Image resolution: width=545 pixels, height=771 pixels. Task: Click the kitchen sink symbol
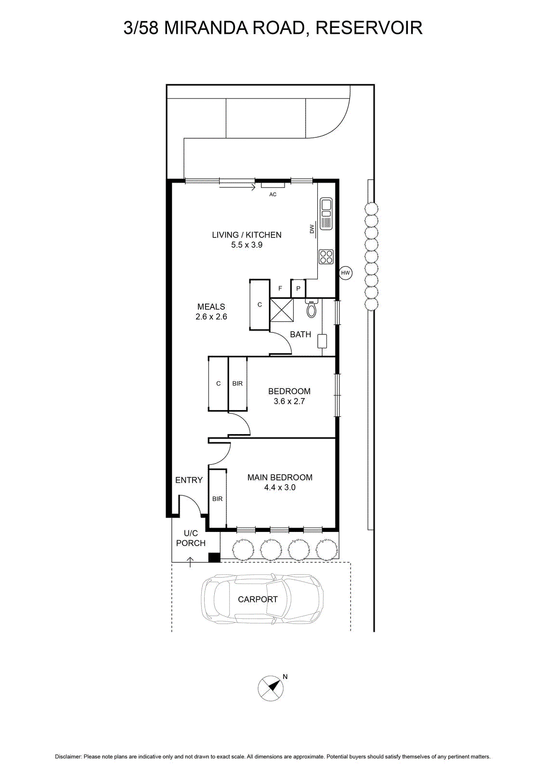[x=325, y=213]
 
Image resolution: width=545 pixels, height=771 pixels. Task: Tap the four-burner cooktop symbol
[x=325, y=256]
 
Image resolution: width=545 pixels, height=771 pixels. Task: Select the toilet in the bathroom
[x=311, y=308]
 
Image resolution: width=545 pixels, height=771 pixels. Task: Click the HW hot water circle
[x=345, y=273]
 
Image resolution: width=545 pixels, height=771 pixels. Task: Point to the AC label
[x=272, y=195]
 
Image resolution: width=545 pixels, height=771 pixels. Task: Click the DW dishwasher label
[x=312, y=229]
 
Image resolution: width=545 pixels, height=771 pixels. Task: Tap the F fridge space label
[x=280, y=289]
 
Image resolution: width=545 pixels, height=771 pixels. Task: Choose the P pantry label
[x=298, y=289]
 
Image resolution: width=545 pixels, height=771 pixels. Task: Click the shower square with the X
[x=282, y=310]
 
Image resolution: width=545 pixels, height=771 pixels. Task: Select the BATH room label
[x=300, y=334]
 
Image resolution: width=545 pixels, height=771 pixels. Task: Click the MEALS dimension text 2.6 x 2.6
[x=211, y=317]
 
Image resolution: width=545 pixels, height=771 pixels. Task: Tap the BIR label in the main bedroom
[x=217, y=499]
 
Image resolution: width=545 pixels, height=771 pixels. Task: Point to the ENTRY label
[x=189, y=480]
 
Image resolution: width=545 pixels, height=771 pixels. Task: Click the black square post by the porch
[x=215, y=557]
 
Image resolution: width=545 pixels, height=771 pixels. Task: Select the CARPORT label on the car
[x=258, y=599]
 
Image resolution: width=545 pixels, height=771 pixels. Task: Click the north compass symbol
[x=271, y=688]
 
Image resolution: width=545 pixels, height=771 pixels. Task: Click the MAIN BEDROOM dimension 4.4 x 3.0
[x=280, y=487]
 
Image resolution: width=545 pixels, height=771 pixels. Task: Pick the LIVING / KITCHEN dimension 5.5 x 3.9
[x=247, y=245]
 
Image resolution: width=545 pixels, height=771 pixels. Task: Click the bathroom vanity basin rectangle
[x=322, y=341]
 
